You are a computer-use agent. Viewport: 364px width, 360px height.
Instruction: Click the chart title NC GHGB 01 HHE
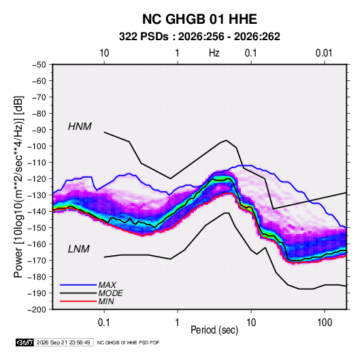[199, 19]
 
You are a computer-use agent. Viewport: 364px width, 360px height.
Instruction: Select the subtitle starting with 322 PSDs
[199, 37]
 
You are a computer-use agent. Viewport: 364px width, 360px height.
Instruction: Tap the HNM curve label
[80, 127]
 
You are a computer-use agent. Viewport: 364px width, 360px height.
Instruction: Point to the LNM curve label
[78, 249]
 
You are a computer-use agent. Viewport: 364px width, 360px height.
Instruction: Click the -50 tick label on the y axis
[39, 65]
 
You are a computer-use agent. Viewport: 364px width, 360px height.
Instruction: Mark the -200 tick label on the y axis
[37, 310]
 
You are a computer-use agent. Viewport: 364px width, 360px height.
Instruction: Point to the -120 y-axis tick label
[37, 179]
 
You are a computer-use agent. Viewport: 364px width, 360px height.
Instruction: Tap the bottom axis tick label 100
[325, 323]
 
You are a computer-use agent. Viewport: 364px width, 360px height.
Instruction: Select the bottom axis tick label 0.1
[104, 323]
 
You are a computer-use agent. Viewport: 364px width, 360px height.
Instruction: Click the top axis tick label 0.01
[324, 53]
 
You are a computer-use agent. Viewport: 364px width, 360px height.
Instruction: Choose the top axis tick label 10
[104, 53]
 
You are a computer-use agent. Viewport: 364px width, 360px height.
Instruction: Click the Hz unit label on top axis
[214, 53]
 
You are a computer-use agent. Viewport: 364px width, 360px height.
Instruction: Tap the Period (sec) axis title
[214, 330]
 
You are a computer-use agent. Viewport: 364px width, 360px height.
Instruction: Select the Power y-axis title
[18, 187]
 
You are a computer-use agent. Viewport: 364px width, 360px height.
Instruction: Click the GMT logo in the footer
[25, 342]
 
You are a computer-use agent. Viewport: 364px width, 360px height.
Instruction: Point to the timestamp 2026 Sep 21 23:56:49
[63, 342]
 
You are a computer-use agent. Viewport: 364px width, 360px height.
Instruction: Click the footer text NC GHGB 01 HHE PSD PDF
[128, 342]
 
